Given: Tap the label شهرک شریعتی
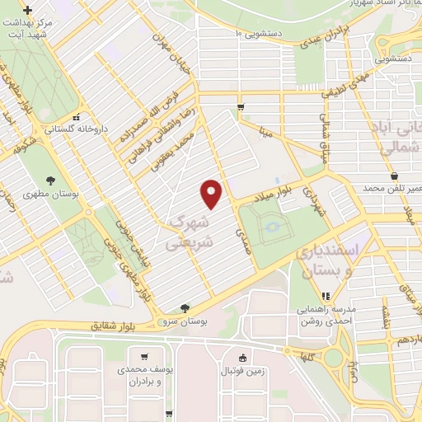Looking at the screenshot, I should coord(189,232).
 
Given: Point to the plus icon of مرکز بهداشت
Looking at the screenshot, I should coord(29,11).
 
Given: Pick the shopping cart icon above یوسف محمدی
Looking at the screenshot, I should coord(144,359).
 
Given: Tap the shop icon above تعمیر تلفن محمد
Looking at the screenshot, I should coord(395,176).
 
